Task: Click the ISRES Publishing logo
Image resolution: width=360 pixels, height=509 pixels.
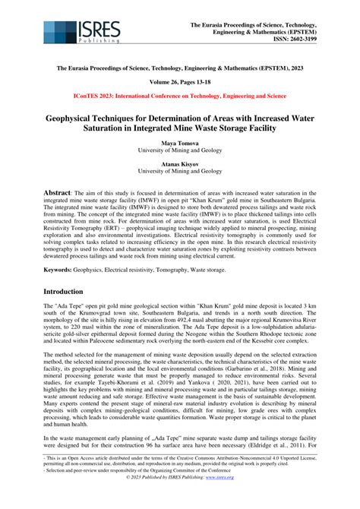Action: point(82,31)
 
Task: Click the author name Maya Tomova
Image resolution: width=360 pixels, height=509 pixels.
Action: point(179,143)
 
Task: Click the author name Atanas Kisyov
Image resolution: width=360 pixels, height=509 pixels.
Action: point(179,163)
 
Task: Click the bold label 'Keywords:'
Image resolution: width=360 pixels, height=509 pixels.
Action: point(62,269)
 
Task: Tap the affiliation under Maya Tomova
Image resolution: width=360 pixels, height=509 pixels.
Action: point(179,150)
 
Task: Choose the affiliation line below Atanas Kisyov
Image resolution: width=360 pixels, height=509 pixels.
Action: point(179,172)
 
